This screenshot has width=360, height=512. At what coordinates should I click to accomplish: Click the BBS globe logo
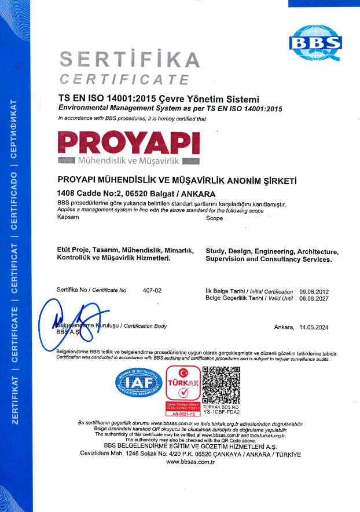click(x=315, y=42)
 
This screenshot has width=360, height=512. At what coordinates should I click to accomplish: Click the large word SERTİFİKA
click(x=130, y=60)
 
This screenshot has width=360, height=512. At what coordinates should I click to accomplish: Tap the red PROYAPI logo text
click(x=129, y=142)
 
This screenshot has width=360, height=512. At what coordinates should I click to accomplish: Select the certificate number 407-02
click(x=152, y=289)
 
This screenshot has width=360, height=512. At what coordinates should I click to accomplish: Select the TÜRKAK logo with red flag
click(x=183, y=383)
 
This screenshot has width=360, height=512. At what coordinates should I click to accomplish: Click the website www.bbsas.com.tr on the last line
click(x=180, y=462)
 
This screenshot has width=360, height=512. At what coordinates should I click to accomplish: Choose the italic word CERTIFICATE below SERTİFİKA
click(x=124, y=79)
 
